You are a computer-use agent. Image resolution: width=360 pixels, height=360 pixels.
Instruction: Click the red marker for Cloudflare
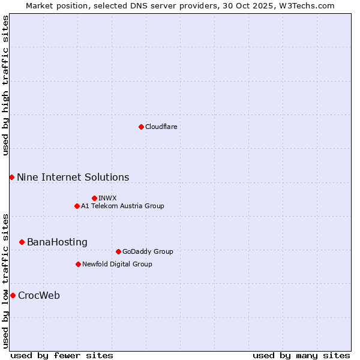pyautogui.click(x=141, y=127)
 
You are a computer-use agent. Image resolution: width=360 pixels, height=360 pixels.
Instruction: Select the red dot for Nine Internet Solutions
pyautogui.click(x=11, y=177)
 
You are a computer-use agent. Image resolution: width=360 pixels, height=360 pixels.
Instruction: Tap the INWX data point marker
pyautogui.click(x=94, y=198)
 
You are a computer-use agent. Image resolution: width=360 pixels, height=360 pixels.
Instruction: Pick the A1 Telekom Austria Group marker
pyautogui.click(x=77, y=206)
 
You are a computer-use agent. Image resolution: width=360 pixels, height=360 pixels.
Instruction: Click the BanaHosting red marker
pyautogui.click(x=22, y=242)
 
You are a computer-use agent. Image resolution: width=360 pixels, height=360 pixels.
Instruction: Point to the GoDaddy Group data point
pyautogui.click(x=118, y=251)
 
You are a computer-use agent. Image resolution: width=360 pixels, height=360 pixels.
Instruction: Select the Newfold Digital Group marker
pyautogui.click(x=78, y=264)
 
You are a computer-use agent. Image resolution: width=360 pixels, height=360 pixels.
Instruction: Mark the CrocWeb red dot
pyautogui.click(x=13, y=295)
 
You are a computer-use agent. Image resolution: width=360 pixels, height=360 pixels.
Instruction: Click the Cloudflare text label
pyautogui.click(x=161, y=127)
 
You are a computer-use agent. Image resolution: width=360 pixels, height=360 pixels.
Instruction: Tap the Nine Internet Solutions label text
pyautogui.click(x=73, y=177)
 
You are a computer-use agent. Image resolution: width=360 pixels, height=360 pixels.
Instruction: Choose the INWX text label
pyautogui.click(x=107, y=198)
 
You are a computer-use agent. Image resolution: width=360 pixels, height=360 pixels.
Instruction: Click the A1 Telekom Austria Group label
pyautogui.click(x=122, y=206)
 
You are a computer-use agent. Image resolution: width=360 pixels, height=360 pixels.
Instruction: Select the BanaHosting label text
pyautogui.click(x=57, y=242)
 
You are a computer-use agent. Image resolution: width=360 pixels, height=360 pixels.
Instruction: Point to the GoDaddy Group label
pyautogui.click(x=148, y=251)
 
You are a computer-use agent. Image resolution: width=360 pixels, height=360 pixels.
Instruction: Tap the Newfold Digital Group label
pyautogui.click(x=117, y=264)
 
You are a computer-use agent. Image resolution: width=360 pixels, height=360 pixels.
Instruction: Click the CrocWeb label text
pyautogui.click(x=39, y=295)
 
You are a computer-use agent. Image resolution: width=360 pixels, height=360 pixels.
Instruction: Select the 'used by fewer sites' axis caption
pyautogui.click(x=62, y=355)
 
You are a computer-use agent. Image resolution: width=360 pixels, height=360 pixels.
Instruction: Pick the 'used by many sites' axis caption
pyautogui.click(x=301, y=355)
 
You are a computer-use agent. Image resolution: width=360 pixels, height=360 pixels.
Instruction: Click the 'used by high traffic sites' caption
pyautogui.click(x=5, y=85)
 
